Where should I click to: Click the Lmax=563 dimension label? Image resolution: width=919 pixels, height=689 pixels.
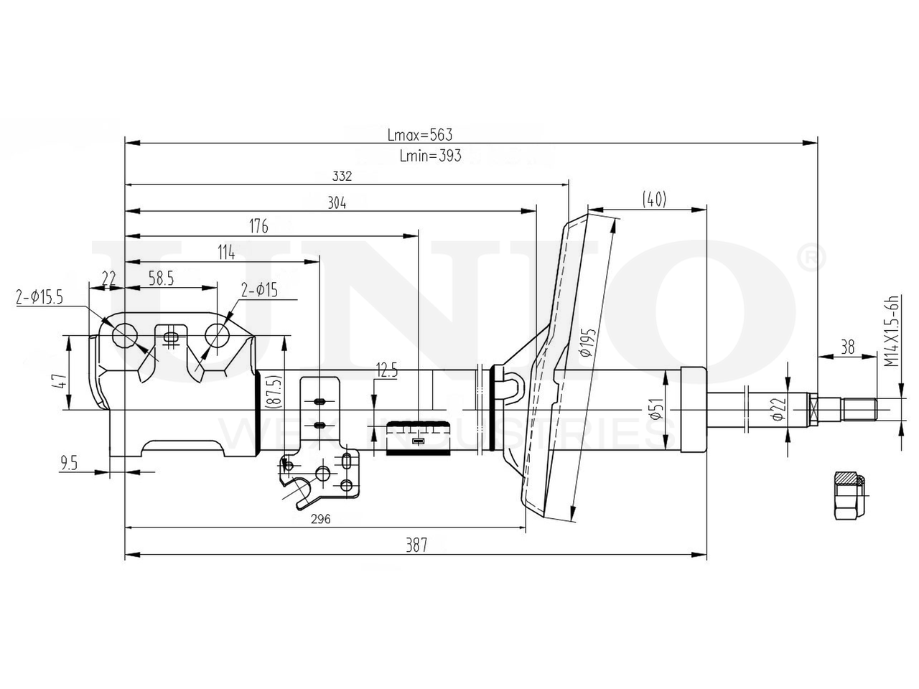pos(419,134)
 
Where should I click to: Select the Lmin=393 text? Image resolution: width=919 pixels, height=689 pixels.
pos(429,155)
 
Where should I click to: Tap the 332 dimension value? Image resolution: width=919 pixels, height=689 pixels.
pos(342,176)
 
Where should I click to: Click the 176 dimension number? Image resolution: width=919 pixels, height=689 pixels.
pos(258,227)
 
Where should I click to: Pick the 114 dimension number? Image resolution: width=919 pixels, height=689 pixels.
pos(226,252)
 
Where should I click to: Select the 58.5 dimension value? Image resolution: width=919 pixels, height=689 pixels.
pos(161,279)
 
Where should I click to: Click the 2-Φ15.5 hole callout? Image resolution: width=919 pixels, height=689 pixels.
pos(40,296)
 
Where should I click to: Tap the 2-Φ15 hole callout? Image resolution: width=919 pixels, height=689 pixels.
pos(259,291)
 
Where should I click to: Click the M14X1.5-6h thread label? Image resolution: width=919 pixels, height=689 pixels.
pos(891,332)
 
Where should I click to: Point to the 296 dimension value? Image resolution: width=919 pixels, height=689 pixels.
pos(320,520)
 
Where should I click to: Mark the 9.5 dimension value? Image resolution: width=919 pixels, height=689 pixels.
pos(69,464)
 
